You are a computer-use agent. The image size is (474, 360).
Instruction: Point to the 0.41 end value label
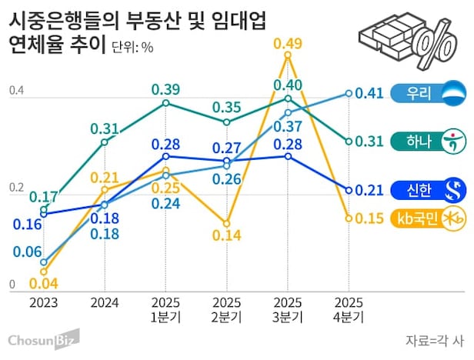371,94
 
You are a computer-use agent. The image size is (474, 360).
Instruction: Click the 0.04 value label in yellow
43,284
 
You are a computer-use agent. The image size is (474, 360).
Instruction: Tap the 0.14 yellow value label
226,236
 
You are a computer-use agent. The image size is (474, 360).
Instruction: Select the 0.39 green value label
165,88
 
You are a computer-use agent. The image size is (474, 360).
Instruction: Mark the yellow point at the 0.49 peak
288,55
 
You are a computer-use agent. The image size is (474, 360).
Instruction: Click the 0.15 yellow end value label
370,218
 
